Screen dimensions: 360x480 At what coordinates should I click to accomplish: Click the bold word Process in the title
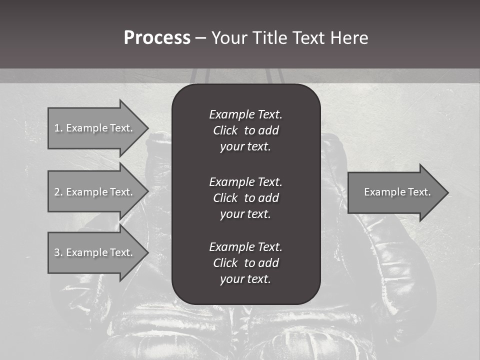157,38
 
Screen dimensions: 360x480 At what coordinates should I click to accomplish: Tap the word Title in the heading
268,38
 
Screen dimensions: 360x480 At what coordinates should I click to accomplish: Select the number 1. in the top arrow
58,128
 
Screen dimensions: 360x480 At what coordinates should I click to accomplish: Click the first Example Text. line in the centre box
245,114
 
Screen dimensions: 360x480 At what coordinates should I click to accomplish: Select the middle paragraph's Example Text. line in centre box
245,181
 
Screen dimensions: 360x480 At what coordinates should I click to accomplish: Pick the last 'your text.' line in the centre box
245,279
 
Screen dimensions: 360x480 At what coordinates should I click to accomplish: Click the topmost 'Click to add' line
245,130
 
